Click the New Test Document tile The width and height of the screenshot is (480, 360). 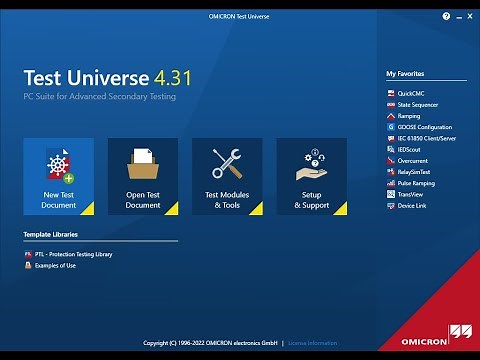pos(59,176)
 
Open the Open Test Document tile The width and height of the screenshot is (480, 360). pos(143,176)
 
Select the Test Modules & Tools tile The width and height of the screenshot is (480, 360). pos(227,176)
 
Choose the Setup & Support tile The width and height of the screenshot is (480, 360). pos(311,176)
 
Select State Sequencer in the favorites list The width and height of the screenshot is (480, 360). pos(418,104)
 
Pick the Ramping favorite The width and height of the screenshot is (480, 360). pos(410,115)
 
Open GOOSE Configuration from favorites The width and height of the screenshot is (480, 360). pos(425,127)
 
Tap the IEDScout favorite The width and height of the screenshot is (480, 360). pos(411,149)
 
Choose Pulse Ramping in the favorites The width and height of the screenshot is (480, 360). pos(417,183)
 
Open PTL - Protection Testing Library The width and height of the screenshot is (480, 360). pos(73,255)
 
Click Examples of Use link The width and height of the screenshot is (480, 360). pos(56,266)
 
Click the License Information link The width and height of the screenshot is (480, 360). pos(313,343)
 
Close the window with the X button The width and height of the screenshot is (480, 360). pos(468,17)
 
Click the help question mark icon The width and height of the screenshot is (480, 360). pos(445,17)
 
